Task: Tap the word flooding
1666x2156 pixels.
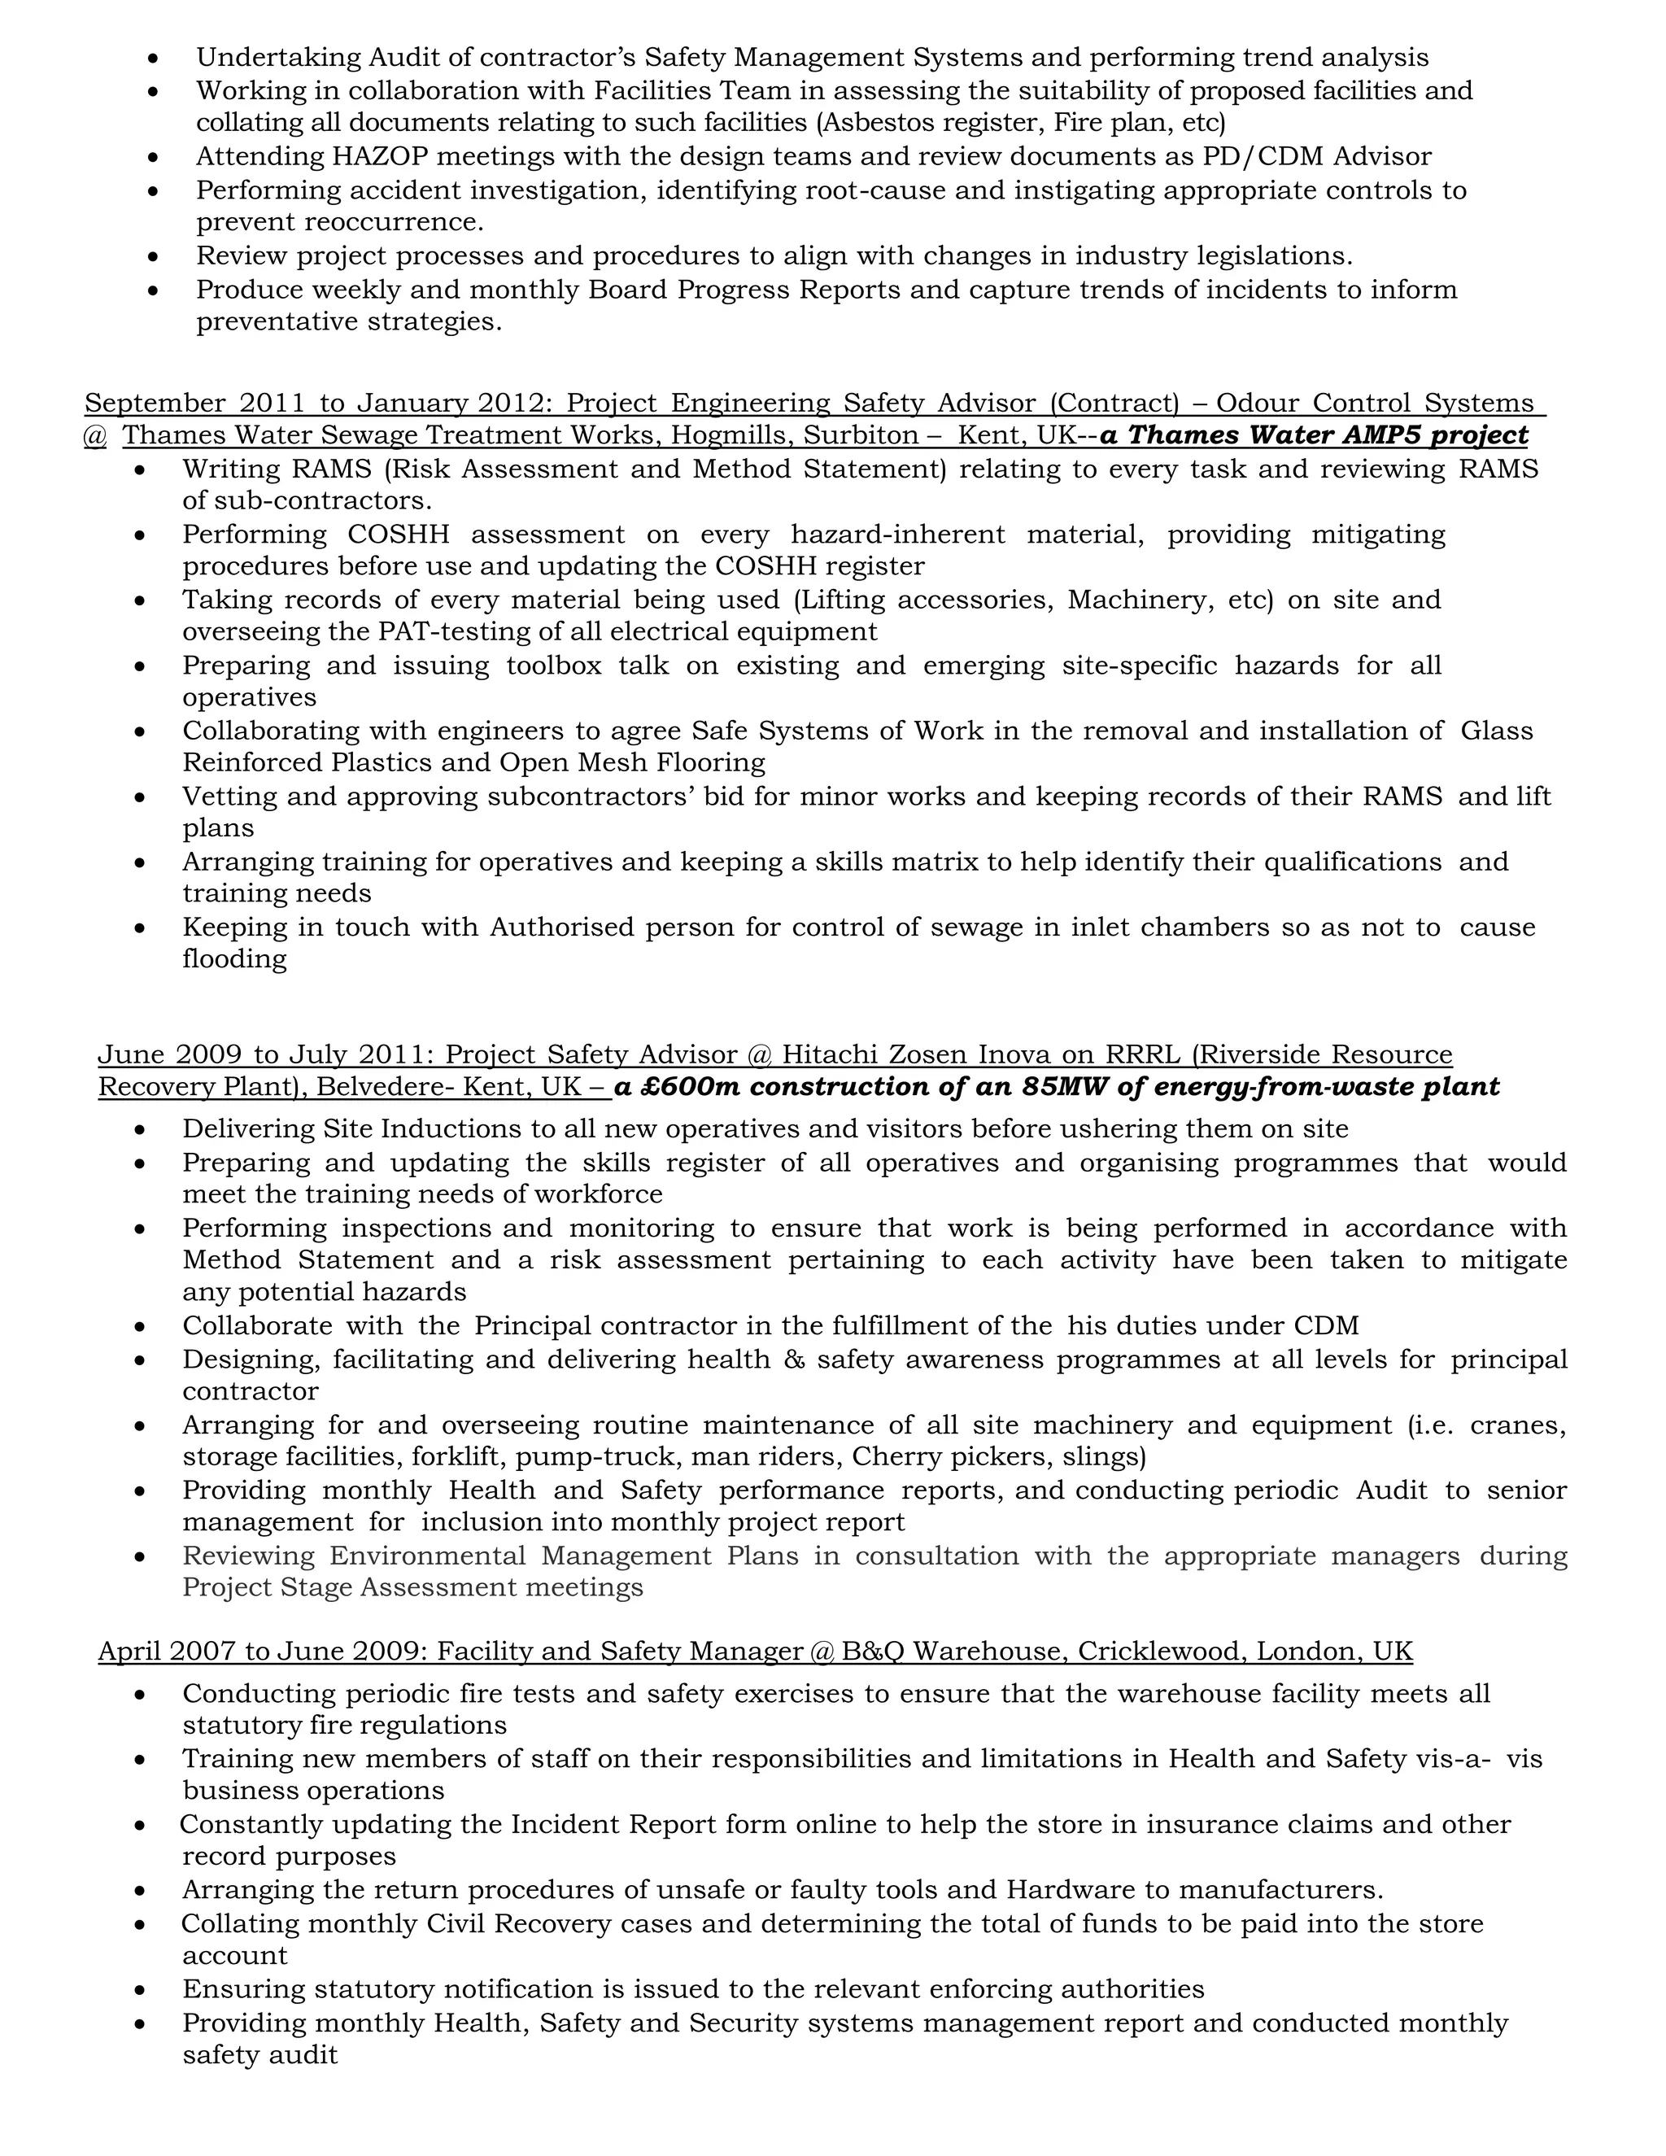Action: click(x=235, y=959)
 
